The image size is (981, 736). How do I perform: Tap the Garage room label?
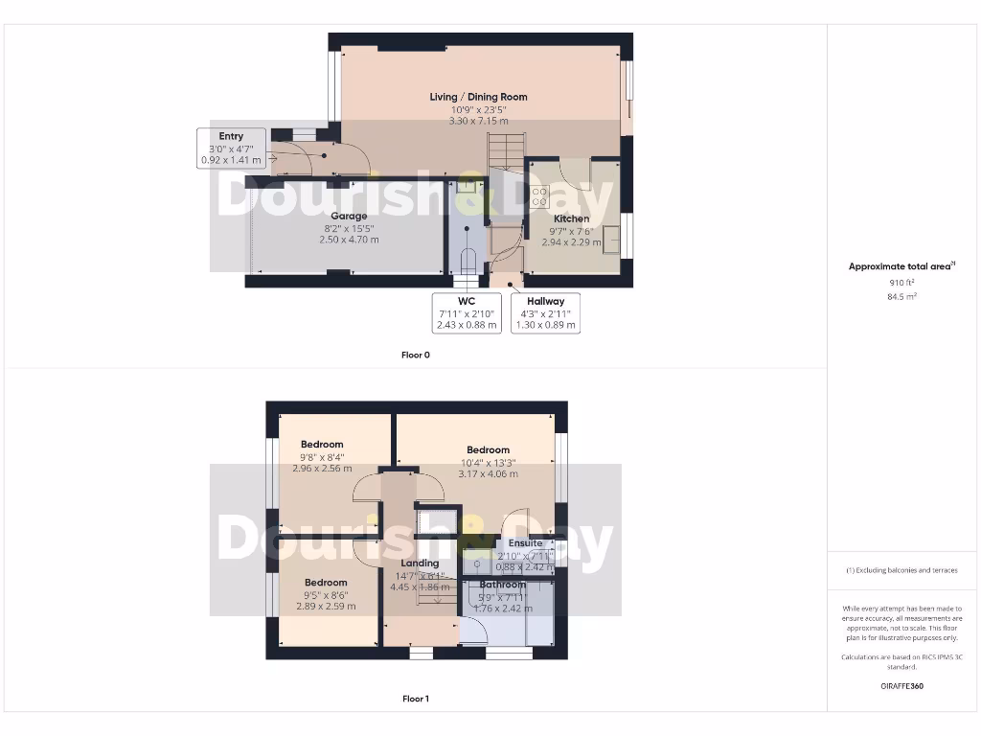click(x=349, y=217)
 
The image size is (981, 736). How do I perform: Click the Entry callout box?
click(x=230, y=149)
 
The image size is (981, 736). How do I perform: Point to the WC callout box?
click(x=468, y=312)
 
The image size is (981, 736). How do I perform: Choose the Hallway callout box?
click(x=545, y=312)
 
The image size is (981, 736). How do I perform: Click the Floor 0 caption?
click(x=416, y=355)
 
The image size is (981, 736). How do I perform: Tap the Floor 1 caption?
click(x=416, y=699)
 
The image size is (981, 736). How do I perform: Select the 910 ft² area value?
click(x=902, y=283)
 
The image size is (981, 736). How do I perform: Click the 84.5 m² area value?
click(x=902, y=297)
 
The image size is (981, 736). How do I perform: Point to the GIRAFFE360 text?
click(x=902, y=686)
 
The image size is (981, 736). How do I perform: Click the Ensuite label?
click(x=525, y=543)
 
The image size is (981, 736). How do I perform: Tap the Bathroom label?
click(x=502, y=585)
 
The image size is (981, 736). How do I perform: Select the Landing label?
click(x=420, y=563)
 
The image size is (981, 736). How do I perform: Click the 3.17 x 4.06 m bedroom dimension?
click(x=488, y=473)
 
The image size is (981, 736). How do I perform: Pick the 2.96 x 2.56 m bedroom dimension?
click(x=322, y=469)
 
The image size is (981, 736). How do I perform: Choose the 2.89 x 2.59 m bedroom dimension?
click(x=326, y=607)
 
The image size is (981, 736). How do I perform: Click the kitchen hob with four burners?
click(x=539, y=197)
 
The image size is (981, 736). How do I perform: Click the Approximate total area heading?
click(x=901, y=267)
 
